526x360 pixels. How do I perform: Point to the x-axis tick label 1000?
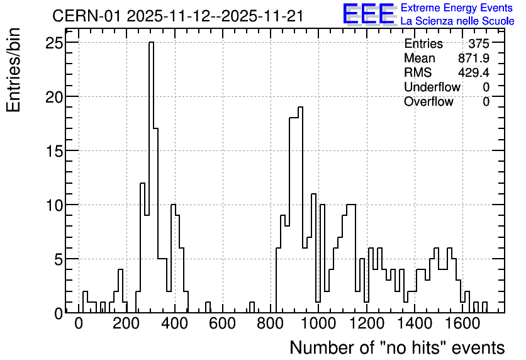coord(318,324)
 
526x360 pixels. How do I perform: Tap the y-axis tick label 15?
coord(54,151)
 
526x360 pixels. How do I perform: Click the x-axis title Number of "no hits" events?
coord(397,347)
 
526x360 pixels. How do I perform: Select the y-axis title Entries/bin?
coord(13,70)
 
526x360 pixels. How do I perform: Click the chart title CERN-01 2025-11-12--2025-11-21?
coord(178,16)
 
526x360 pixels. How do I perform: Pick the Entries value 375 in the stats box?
coord(479,43)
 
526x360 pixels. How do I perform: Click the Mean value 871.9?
coord(474,58)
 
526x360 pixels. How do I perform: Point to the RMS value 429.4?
coord(474,72)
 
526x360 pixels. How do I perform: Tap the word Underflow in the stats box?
coord(432,87)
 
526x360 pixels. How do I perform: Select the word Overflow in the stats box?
coord(428,101)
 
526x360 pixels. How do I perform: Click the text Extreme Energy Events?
coord(457,8)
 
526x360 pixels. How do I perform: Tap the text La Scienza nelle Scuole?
coord(457,21)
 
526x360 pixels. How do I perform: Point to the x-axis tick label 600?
coord(222,324)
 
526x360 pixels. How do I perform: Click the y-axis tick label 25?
coord(54,43)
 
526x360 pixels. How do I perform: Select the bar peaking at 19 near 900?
coord(300,210)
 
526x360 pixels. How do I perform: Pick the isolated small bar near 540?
coord(208,307)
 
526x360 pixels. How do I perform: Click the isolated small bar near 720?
coord(252,307)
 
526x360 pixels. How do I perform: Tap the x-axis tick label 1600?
coord(462,324)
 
